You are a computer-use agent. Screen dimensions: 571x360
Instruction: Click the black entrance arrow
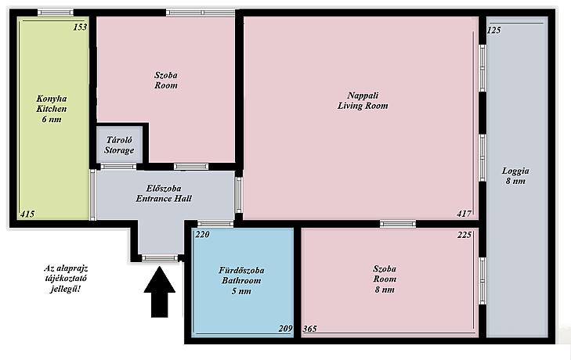[160, 292]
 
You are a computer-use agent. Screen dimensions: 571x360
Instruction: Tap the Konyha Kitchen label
[52, 109]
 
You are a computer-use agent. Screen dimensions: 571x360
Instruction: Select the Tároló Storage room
[119, 145]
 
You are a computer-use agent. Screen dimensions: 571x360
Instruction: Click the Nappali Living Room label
[363, 100]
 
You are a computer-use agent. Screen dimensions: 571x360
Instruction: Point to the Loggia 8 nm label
[515, 176]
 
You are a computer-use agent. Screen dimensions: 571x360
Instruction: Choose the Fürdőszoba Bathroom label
[241, 281]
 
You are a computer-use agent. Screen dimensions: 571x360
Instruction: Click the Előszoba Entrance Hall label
[164, 193]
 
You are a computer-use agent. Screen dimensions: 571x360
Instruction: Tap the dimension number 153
[80, 27]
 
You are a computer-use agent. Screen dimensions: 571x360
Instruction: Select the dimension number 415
[27, 214]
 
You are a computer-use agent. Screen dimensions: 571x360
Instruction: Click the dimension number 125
[493, 31]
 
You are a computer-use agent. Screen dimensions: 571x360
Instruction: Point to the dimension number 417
[464, 214]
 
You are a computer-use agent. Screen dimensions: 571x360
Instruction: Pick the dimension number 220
[202, 235]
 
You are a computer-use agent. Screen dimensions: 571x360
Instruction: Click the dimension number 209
[285, 329]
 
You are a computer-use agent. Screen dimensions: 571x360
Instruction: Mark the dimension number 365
[310, 329]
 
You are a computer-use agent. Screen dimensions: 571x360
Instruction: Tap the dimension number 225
[464, 235]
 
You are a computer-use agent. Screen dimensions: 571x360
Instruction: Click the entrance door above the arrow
[160, 258]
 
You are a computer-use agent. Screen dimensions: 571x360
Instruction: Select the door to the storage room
[118, 167]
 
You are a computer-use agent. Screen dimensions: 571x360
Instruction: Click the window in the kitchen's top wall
[56, 13]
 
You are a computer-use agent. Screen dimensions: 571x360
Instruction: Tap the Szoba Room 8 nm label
[385, 279]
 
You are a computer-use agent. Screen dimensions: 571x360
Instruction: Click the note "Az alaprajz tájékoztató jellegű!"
[66, 279]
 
